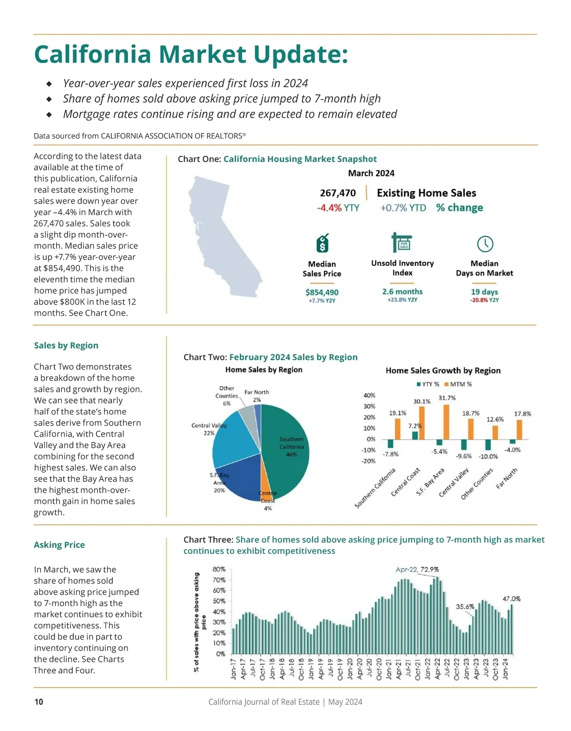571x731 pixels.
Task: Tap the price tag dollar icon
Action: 322,243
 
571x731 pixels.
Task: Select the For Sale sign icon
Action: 402,243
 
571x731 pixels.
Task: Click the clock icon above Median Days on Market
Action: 485,244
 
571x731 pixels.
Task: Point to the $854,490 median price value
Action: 322,292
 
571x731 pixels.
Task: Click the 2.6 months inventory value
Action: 402,291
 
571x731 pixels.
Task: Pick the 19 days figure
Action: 484,291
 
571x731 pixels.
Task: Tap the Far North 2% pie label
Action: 256,396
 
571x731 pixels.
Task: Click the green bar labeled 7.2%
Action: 415,435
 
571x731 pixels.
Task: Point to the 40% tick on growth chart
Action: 369,395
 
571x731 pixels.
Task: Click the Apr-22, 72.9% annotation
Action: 417,569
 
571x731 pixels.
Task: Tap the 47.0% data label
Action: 512,599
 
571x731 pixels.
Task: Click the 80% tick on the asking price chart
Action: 219,569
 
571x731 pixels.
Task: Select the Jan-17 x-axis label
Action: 233,668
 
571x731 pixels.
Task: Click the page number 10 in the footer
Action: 39,701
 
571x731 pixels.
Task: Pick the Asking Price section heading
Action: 59,545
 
